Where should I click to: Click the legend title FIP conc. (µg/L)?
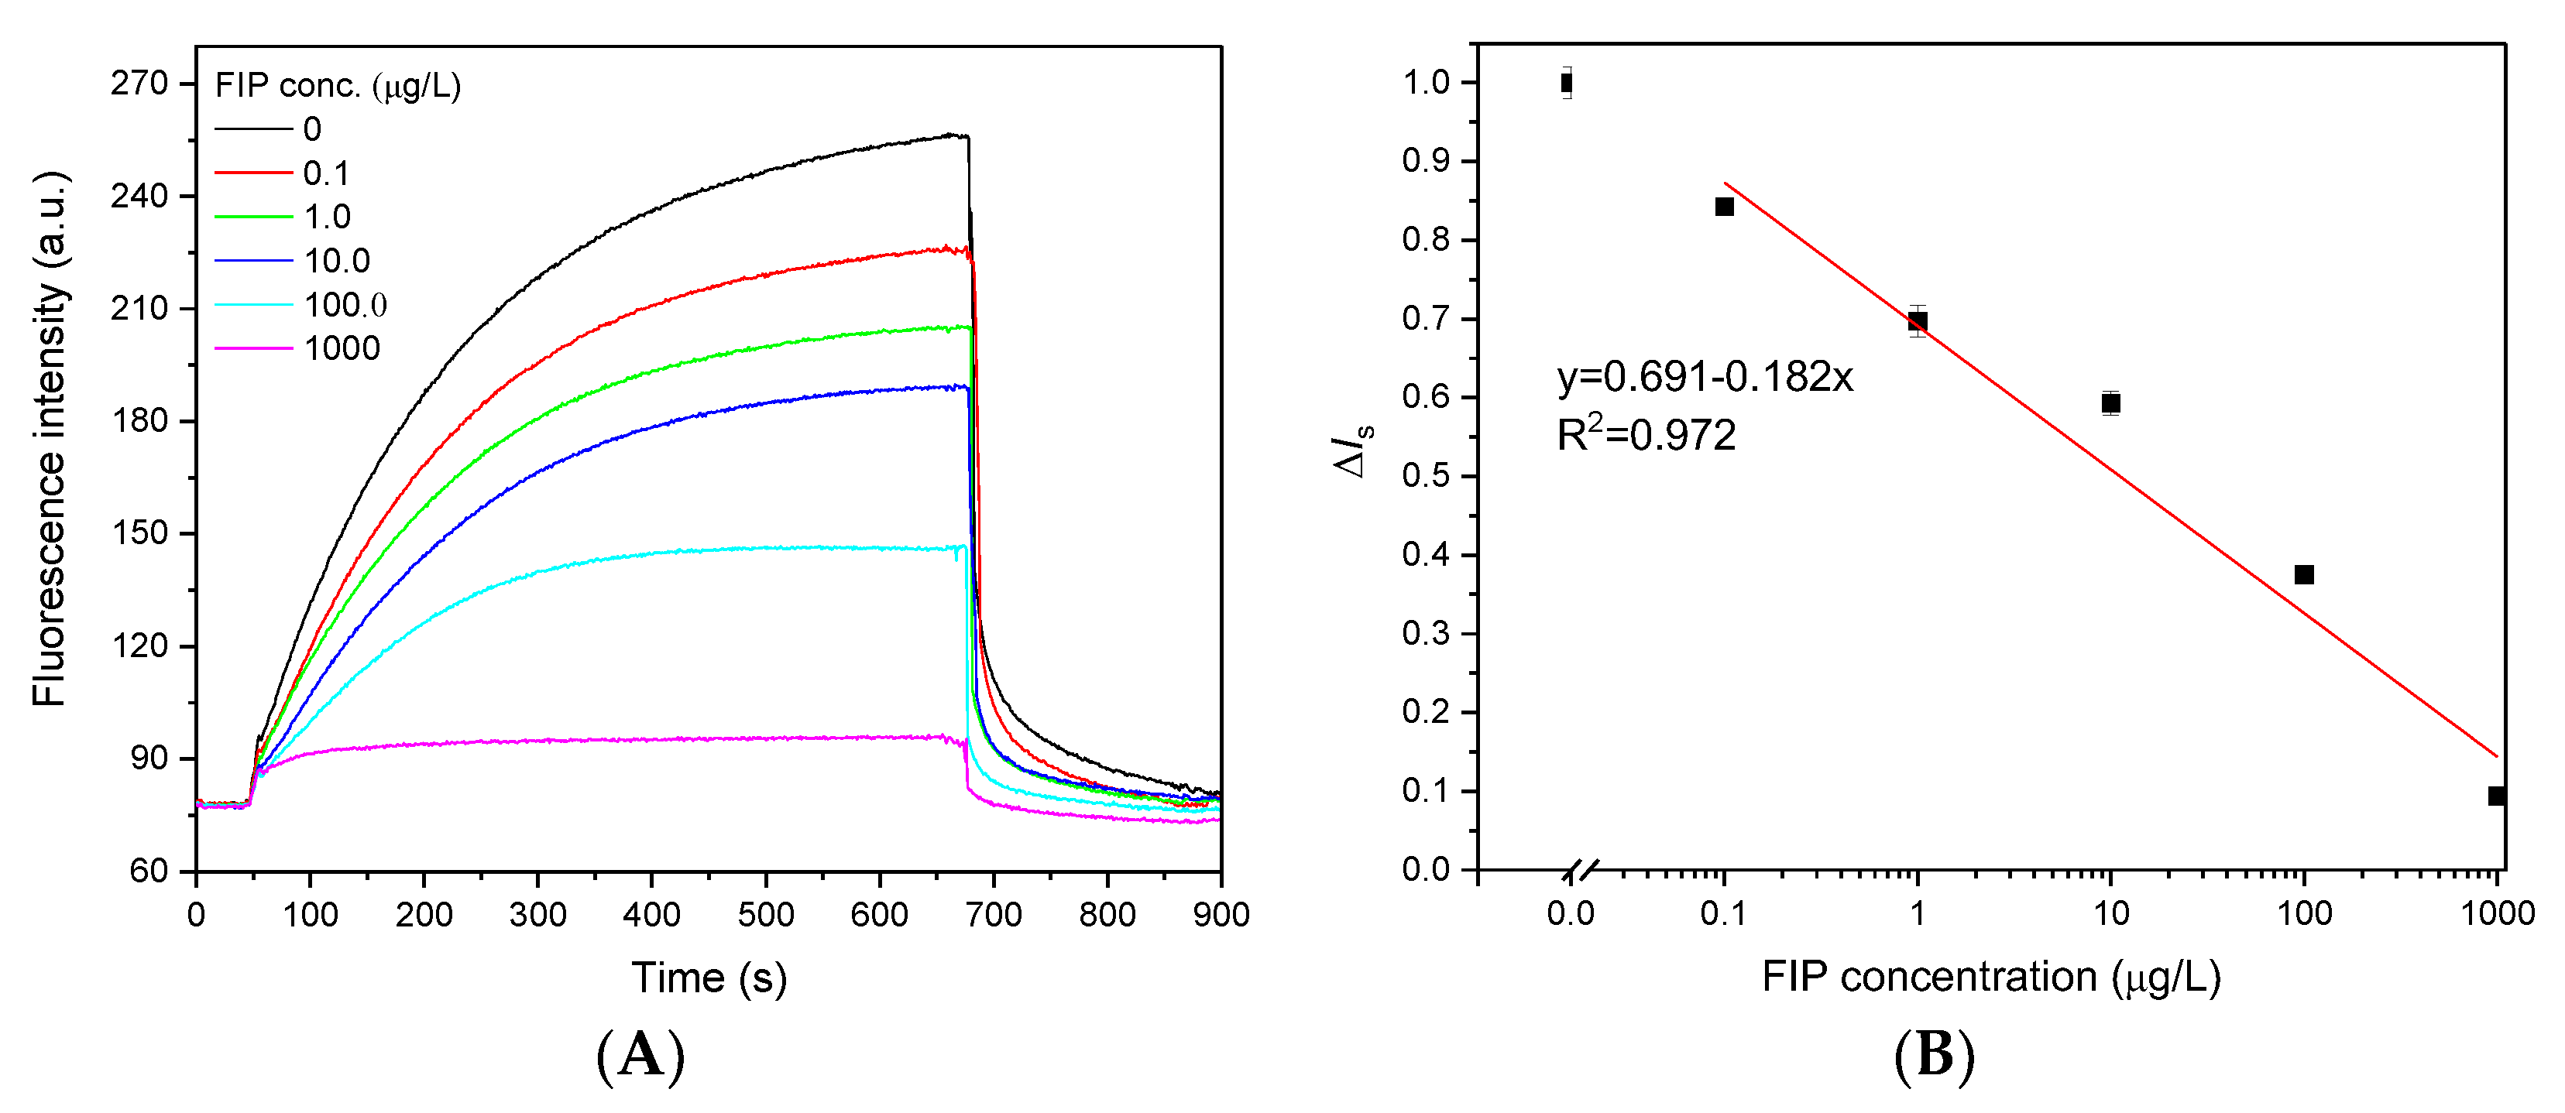(x=338, y=86)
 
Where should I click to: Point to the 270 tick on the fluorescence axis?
(x=139, y=83)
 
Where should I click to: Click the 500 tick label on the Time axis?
(x=766, y=914)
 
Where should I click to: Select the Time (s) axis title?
(x=708, y=978)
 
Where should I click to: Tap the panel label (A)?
(x=640, y=1055)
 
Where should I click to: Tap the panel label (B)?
(x=1934, y=1055)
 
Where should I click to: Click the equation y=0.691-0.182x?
(x=1705, y=377)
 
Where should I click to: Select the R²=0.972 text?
(x=1646, y=435)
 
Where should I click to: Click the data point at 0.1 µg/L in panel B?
(x=1725, y=207)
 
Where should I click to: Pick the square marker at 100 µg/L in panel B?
(x=2304, y=574)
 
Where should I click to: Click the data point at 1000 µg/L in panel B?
(x=2496, y=796)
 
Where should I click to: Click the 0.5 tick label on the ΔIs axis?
(x=1425, y=476)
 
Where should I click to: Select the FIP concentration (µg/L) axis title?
(x=1990, y=977)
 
